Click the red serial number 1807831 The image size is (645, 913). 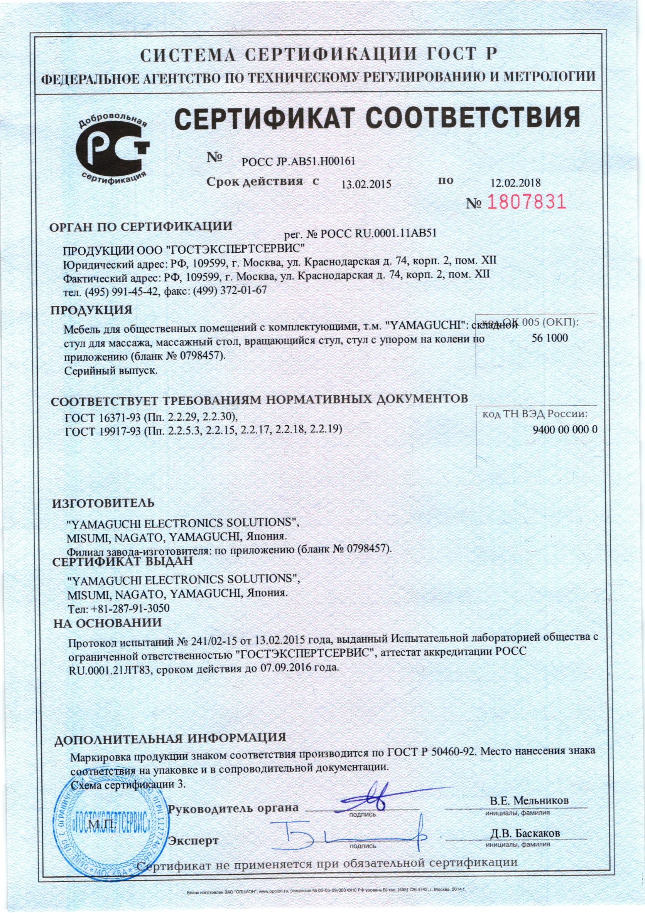526,202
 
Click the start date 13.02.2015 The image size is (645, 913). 367,184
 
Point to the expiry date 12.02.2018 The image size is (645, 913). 516,183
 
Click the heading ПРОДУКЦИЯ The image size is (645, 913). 91,309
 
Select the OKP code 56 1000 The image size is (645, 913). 549,338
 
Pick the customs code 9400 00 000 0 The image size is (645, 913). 565,430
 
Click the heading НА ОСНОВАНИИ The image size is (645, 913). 108,634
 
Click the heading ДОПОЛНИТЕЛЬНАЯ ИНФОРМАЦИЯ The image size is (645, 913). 171,738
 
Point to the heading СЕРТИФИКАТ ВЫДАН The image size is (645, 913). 123,561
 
